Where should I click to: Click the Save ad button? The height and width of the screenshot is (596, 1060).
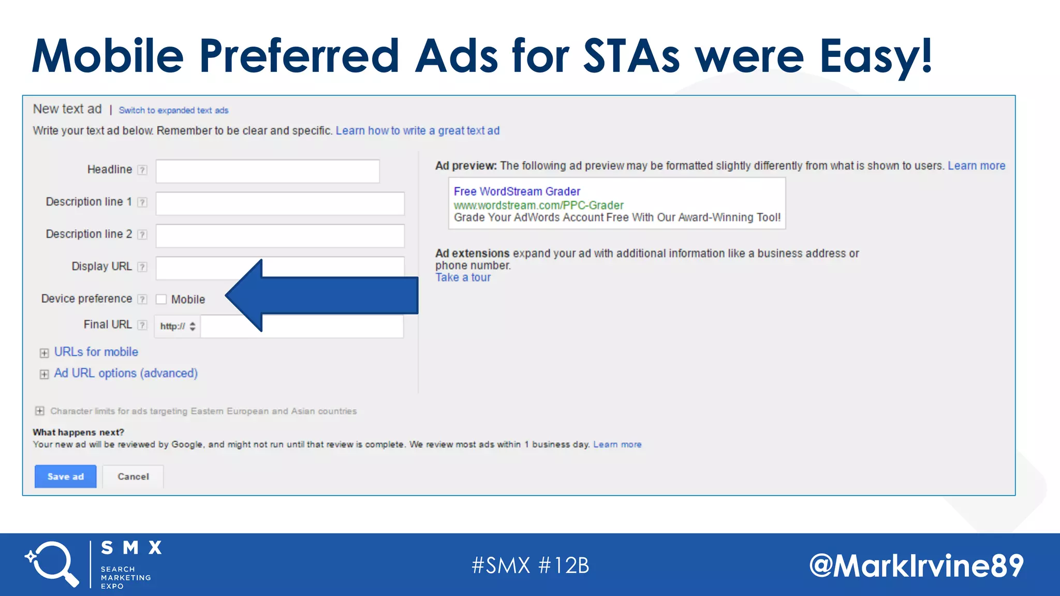(x=65, y=476)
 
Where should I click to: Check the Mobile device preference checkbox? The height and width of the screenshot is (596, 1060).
(x=161, y=300)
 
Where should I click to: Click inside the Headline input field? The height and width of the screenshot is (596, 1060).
(x=268, y=171)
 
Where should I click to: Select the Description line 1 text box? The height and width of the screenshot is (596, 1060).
(x=279, y=203)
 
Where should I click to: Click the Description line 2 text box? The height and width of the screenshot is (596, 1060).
(x=279, y=236)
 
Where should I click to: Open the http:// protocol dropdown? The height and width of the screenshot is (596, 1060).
(x=178, y=326)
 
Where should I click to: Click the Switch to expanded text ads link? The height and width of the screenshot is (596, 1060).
(x=173, y=110)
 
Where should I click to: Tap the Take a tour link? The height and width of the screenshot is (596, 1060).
(x=463, y=278)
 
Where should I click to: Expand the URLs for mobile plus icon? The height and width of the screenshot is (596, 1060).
(x=45, y=353)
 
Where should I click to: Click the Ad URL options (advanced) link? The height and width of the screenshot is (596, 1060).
(x=126, y=373)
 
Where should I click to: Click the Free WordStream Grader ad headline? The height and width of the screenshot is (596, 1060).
(x=517, y=191)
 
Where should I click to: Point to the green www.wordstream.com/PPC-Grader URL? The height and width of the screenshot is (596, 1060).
(x=538, y=205)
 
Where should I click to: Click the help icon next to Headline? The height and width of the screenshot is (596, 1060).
(x=142, y=170)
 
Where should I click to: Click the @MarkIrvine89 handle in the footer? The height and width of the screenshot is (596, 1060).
(x=916, y=565)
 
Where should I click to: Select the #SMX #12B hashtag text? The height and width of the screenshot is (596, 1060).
(x=530, y=565)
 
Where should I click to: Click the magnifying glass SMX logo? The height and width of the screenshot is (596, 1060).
(x=52, y=564)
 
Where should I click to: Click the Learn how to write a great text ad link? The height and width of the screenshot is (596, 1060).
(x=417, y=131)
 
